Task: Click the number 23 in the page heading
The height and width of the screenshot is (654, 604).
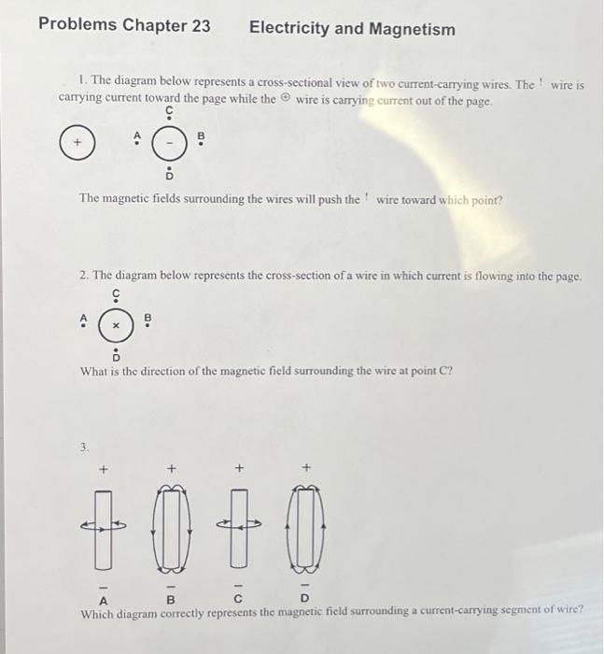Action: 200,27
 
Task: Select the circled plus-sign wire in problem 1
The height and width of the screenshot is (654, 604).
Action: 79,144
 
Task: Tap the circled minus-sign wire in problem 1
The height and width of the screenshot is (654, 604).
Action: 169,144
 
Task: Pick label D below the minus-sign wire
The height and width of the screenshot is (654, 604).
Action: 169,175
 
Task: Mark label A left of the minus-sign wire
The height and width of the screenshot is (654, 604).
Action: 138,141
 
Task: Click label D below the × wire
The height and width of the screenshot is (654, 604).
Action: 117,356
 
